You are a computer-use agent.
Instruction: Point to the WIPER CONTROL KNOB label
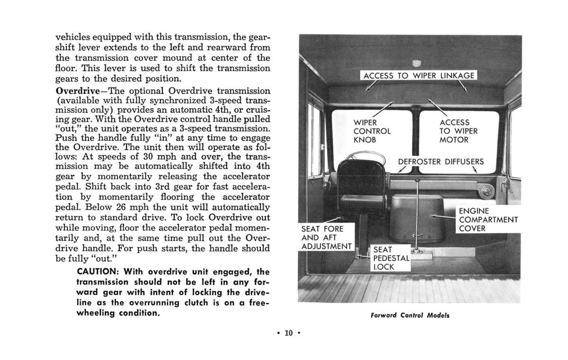coord(372,131)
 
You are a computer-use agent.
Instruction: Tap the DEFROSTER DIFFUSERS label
coord(441,161)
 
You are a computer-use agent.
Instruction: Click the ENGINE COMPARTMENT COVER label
coord(487,219)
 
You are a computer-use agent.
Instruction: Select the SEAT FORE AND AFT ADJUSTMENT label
coord(325,238)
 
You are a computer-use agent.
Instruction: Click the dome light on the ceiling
coord(417,63)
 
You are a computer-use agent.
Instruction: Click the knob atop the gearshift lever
coord(417,181)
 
